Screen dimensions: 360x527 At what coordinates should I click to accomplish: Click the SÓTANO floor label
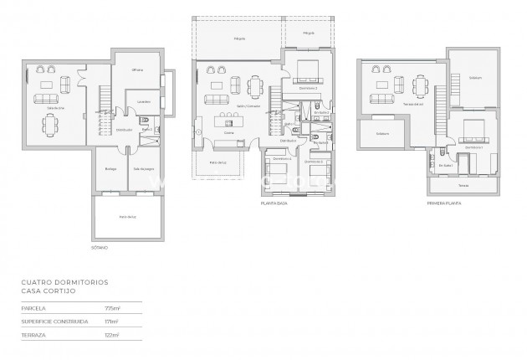100,248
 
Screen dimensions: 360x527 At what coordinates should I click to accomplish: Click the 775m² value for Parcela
111,309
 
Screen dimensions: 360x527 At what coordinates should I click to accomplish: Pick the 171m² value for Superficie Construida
111,321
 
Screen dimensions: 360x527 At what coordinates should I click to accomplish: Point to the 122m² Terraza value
111,335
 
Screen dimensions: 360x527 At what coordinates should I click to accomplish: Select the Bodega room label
110,168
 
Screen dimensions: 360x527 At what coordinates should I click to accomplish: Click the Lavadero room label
145,102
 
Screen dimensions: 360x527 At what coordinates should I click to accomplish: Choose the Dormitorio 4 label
282,158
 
